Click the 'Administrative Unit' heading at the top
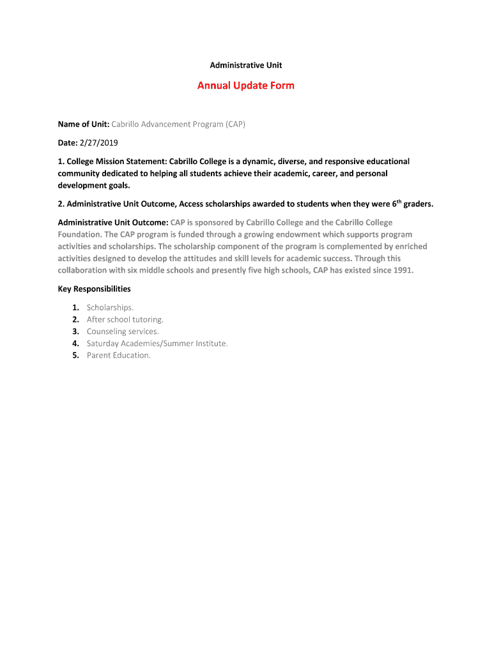point(246,65)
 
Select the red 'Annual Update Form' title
point(246,86)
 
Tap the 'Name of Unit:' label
point(84,125)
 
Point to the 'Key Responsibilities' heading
point(95,289)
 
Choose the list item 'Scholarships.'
point(110,307)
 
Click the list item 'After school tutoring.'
point(125,319)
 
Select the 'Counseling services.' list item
point(123,331)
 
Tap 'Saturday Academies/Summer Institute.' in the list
point(157,344)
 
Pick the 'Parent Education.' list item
point(119,356)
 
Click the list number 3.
point(75,331)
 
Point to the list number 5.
point(75,356)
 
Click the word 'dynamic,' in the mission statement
point(257,162)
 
